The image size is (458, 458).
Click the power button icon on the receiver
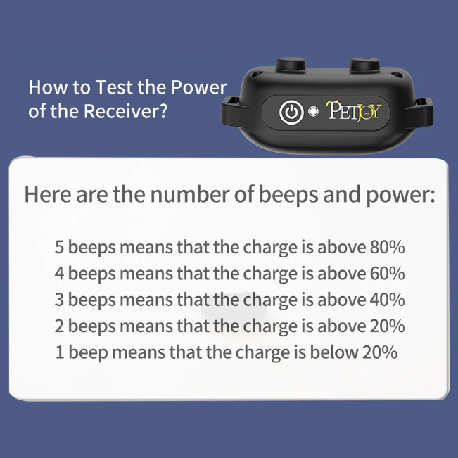tap(291, 112)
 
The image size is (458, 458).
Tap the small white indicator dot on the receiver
tap(313, 112)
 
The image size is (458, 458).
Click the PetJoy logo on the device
tap(353, 111)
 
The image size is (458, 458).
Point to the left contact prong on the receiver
tap(291, 64)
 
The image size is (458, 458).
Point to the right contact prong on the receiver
tap(365, 65)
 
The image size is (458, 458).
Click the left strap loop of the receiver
tap(232, 111)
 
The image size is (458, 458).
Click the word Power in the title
tap(198, 87)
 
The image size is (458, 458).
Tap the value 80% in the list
tap(388, 247)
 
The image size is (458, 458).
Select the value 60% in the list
tap(388, 273)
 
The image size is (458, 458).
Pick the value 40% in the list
tap(388, 300)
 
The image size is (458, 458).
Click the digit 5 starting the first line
tap(59, 247)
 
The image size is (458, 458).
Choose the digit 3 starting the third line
tap(59, 300)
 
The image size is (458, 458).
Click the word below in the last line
tap(334, 352)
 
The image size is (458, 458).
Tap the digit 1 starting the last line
tap(60, 352)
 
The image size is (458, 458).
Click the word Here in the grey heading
tap(47, 194)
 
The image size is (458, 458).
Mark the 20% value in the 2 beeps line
tap(388, 326)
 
